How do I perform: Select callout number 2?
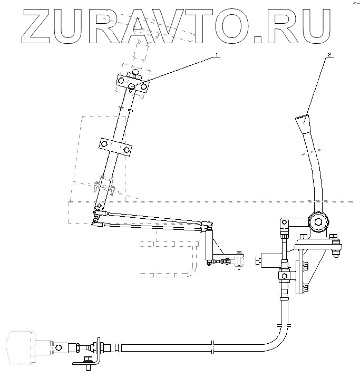pyautogui.click(x=329, y=53)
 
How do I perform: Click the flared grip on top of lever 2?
pyautogui.click(x=302, y=127)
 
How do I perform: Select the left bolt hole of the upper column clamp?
pyautogui.click(x=121, y=81)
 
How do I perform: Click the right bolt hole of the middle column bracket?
pyautogui.click(x=127, y=150)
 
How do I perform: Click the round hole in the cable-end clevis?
pyautogui.click(x=59, y=347)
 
